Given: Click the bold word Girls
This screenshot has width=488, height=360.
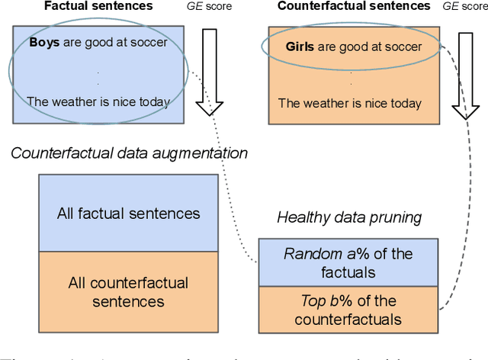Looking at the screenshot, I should [300, 47].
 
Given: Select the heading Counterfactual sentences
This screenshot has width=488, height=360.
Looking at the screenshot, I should [354, 7].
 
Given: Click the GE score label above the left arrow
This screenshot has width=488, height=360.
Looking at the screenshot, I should [210, 7].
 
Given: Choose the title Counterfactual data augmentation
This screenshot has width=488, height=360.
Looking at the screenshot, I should [129, 153].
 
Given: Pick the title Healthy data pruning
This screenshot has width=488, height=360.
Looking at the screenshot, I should [349, 217].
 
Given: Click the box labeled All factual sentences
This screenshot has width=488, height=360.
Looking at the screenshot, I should [128, 214].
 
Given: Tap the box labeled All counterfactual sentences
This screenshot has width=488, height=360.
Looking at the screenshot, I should [128, 291].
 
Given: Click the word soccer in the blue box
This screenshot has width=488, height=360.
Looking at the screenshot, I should [149, 43].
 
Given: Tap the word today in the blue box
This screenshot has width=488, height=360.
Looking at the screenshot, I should [152, 101].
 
